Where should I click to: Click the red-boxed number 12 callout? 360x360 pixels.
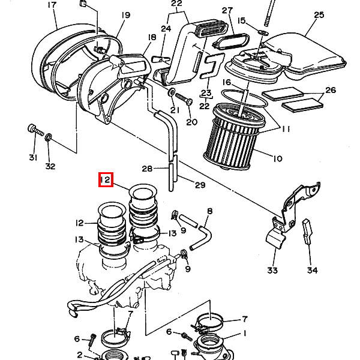[106, 179]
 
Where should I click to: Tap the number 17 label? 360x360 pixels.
[52, 5]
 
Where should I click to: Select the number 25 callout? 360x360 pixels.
[319, 15]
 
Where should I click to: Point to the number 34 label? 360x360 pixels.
[312, 270]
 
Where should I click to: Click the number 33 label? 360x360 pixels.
[272, 270]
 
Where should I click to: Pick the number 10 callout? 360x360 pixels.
[278, 158]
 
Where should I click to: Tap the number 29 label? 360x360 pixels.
[200, 185]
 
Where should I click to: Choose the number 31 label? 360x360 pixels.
[33, 157]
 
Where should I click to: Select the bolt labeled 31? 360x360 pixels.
[35, 130]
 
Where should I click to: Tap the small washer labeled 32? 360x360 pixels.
[48, 137]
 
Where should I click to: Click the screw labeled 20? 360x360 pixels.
[184, 99]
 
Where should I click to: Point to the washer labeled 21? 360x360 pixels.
[171, 92]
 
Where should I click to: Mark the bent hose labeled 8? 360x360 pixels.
[201, 238]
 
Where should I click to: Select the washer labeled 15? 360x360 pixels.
[263, 32]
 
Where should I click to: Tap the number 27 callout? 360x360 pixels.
[227, 11]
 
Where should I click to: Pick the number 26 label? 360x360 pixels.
[331, 90]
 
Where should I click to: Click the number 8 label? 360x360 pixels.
[209, 211]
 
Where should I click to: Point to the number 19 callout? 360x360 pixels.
[125, 15]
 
